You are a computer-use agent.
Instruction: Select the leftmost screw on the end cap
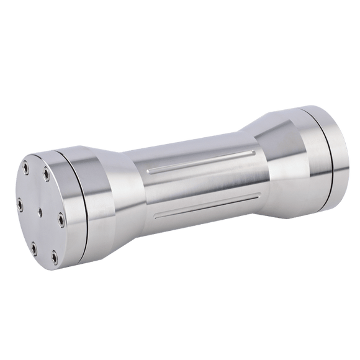(21, 202)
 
